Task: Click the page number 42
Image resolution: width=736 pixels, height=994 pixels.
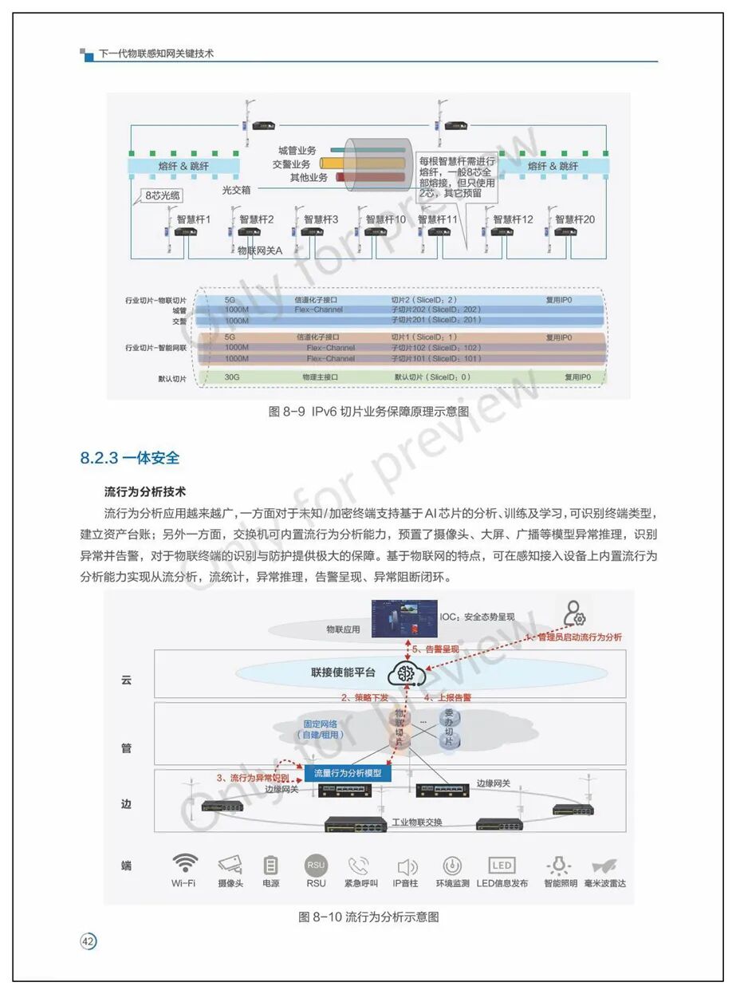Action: click(x=89, y=942)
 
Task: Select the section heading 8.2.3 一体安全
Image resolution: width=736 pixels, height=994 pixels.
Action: click(x=130, y=458)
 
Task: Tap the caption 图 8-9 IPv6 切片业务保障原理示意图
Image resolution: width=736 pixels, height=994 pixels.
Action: click(x=368, y=412)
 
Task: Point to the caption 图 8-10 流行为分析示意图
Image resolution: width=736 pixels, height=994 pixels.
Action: click(x=368, y=917)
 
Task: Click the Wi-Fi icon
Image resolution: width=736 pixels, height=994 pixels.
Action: click(x=185, y=864)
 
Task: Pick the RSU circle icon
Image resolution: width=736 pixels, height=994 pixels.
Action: click(x=316, y=865)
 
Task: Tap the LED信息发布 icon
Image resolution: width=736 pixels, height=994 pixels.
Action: click(x=502, y=866)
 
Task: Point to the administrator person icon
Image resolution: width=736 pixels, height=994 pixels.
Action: click(x=574, y=613)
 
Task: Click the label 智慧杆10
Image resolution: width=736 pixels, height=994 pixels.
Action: click(x=386, y=219)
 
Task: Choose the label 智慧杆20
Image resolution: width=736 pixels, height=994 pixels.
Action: click(x=575, y=219)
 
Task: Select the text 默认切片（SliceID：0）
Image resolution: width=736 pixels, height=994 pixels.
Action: click(x=432, y=377)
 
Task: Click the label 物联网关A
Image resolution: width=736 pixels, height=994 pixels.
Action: click(x=260, y=250)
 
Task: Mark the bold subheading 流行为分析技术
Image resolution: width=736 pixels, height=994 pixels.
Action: click(x=145, y=490)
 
